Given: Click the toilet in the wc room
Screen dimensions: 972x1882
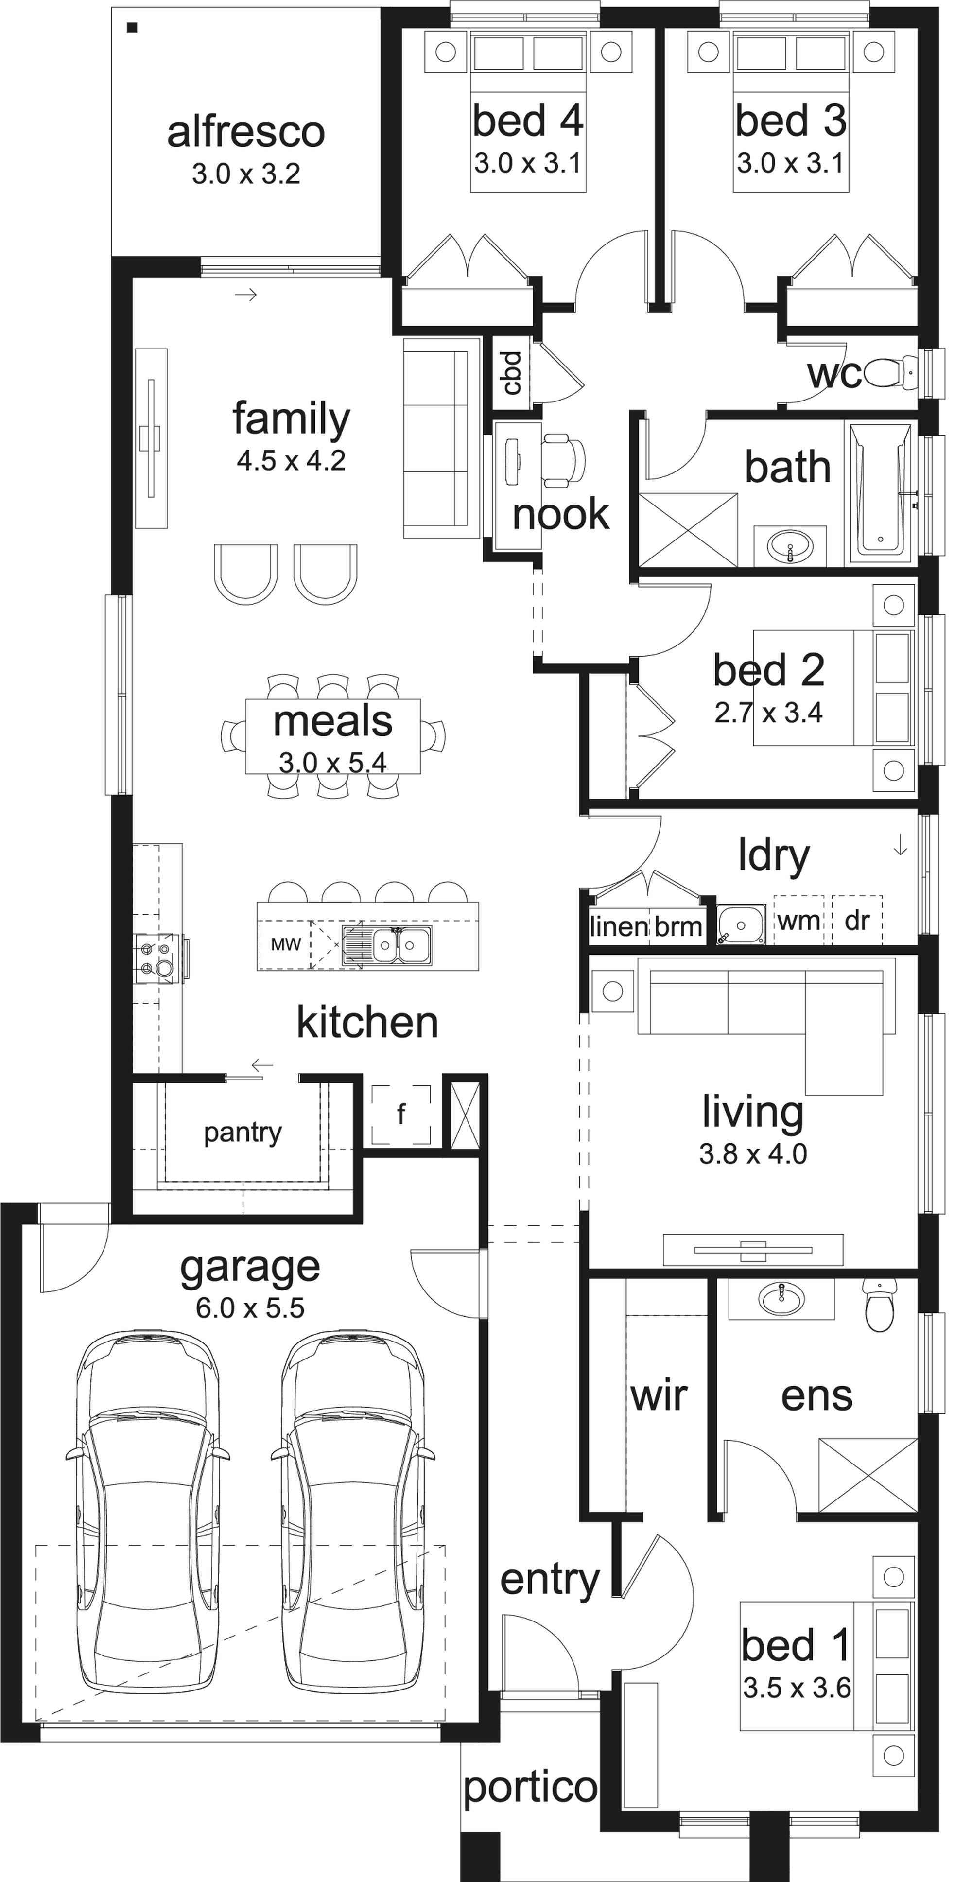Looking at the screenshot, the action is pyautogui.click(x=889, y=373).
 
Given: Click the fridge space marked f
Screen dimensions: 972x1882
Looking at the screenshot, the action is pyautogui.click(x=401, y=1114).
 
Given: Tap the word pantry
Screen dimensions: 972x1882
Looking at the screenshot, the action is pyautogui.click(x=243, y=1133).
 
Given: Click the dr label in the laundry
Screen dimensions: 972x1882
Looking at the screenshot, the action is pyautogui.click(x=857, y=921).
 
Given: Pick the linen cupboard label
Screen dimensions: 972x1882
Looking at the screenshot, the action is pyautogui.click(x=619, y=926).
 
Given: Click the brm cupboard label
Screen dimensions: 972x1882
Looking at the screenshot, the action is pyautogui.click(x=677, y=926).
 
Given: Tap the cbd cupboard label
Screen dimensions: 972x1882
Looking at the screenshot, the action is pyautogui.click(x=512, y=373).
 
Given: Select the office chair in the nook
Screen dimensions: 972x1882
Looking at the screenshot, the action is pyautogui.click(x=565, y=459).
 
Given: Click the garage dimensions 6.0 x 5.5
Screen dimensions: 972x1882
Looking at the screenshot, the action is pyautogui.click(x=250, y=1308).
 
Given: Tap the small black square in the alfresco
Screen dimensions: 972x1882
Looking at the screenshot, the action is pyautogui.click(x=132, y=29).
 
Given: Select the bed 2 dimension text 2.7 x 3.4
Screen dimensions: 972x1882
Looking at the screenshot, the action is pyautogui.click(x=768, y=713).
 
